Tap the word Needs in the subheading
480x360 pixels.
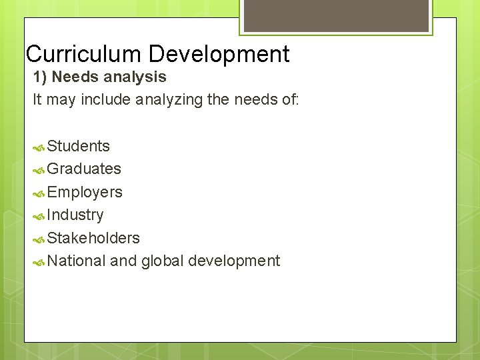pyautogui.click(x=73, y=77)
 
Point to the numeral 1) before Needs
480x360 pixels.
pyautogui.click(x=40, y=77)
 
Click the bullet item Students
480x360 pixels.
pyautogui.click(x=79, y=146)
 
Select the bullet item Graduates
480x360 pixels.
pyautogui.click(x=84, y=169)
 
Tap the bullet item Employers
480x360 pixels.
pyautogui.click(x=85, y=192)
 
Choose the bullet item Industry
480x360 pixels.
pyautogui.click(x=75, y=215)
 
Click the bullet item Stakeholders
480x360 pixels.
pyautogui.click(x=93, y=238)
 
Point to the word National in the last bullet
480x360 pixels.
pyautogui.click(x=77, y=261)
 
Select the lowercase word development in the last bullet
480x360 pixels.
pyautogui.click(x=233, y=261)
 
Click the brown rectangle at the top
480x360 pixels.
pyautogui.click(x=335, y=15)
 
